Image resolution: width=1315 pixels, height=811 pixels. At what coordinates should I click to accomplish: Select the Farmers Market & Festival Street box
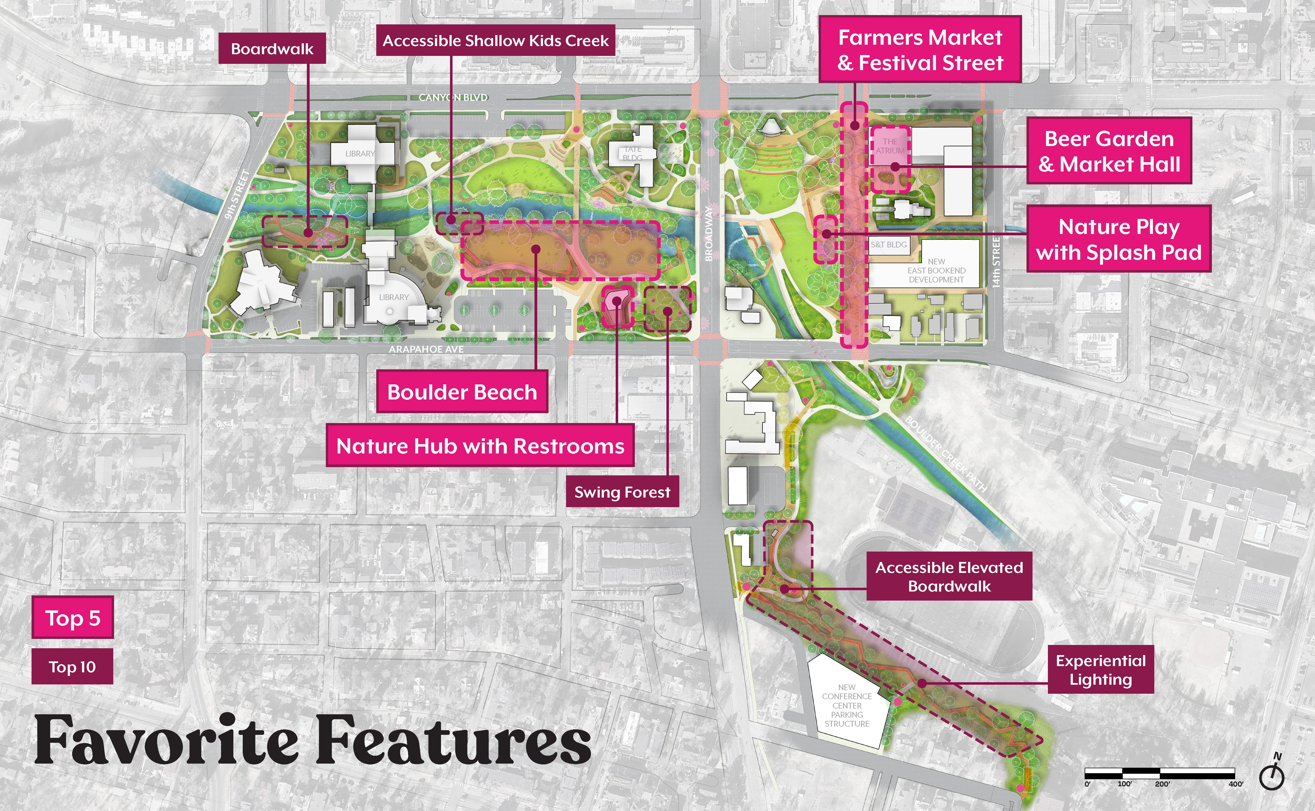(920, 50)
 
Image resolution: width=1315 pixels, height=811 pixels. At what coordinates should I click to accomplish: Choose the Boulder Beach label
(462, 392)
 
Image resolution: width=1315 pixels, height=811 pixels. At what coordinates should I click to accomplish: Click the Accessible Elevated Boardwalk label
(949, 576)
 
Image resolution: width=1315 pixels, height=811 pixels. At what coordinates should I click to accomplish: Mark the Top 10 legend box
(72, 667)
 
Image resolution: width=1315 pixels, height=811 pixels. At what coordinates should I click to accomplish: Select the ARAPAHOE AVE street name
(426, 349)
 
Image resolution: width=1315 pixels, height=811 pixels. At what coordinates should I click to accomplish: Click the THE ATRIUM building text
(890, 146)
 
